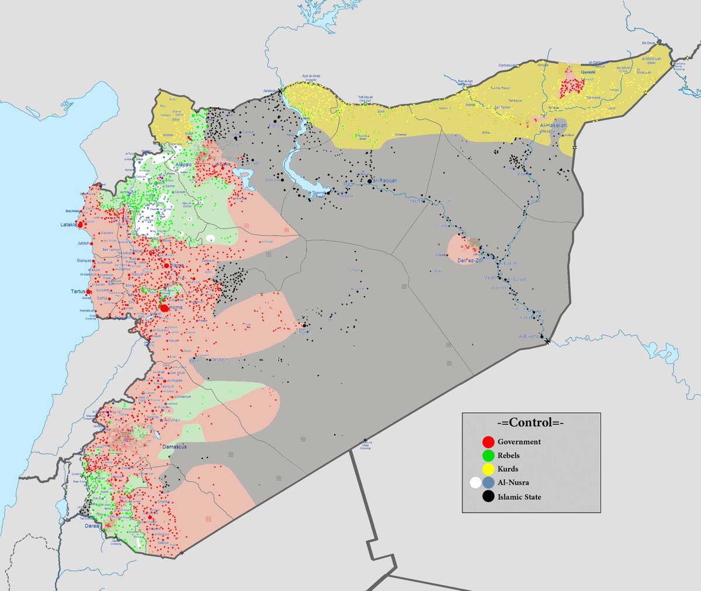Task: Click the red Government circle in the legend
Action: (488, 442)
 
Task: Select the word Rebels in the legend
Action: (508, 455)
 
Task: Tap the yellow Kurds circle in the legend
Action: (488, 469)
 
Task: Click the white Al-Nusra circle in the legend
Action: (476, 483)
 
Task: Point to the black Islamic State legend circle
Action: (488, 497)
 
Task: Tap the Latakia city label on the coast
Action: (68, 224)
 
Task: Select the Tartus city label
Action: (77, 291)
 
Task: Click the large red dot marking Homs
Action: (164, 308)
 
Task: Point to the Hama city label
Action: (176, 265)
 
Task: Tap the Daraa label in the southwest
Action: (91, 526)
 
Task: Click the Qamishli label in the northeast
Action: (588, 72)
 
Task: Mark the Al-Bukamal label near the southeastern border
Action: (531, 337)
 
